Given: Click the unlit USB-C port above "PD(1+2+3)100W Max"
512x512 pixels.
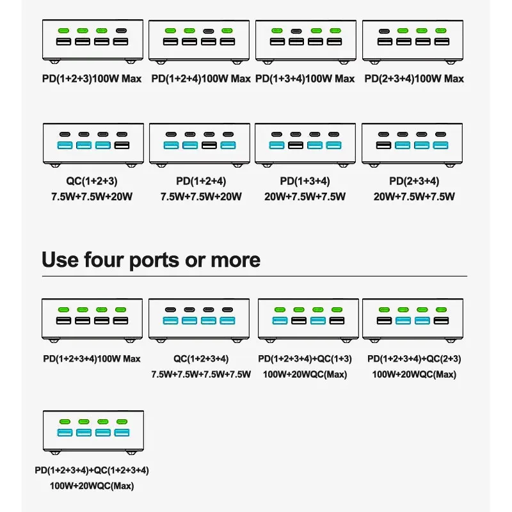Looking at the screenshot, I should [120, 30].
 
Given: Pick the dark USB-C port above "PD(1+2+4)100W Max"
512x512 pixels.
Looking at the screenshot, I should [208, 30].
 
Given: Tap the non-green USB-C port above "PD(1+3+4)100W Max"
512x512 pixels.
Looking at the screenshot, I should [296, 30].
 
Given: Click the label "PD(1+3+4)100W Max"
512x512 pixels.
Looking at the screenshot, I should [305, 79].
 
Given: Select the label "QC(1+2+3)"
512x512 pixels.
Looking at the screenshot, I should [93, 181].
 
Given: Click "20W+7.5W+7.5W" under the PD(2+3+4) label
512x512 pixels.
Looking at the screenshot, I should [414, 196].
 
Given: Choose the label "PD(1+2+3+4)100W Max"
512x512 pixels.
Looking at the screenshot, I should [92, 358].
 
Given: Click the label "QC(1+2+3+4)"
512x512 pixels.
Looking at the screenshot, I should [201, 359].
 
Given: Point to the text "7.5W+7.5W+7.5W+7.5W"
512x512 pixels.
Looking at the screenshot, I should [201, 374].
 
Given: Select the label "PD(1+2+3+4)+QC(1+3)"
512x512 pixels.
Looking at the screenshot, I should [305, 359].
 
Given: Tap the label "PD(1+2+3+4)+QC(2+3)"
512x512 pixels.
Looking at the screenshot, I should [414, 359].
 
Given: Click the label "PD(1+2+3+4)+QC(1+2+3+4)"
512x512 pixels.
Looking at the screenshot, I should [92, 470].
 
